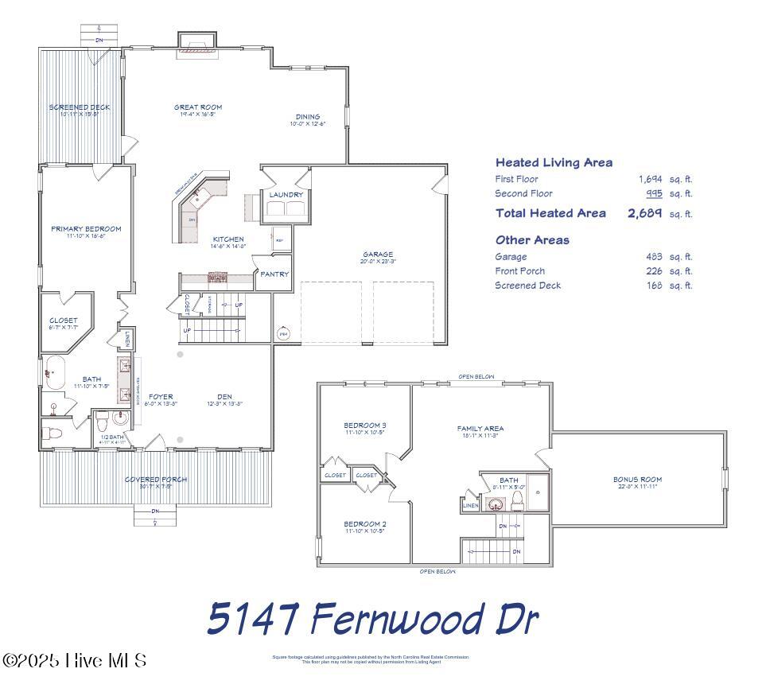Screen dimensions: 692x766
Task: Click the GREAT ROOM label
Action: coord(198,107)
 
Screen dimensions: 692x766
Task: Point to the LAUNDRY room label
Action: coord(286,194)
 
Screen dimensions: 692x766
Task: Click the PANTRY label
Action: coord(274,274)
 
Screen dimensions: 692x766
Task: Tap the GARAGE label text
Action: coord(378,255)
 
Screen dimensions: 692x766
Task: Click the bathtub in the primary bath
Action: coord(54,372)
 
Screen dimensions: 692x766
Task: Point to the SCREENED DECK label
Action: coord(80,107)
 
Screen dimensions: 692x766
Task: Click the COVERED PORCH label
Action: coord(156,480)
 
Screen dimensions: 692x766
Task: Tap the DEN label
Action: coord(224,396)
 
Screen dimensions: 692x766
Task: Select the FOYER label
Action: coord(161,396)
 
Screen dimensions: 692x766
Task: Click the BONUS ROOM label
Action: coord(637,480)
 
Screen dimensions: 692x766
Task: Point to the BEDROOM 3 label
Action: coord(365,425)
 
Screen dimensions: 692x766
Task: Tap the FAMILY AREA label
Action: coord(480,428)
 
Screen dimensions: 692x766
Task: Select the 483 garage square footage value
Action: coord(654,257)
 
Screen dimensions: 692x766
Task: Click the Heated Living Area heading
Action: coord(554,162)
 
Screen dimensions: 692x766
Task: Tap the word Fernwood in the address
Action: coord(391,619)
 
